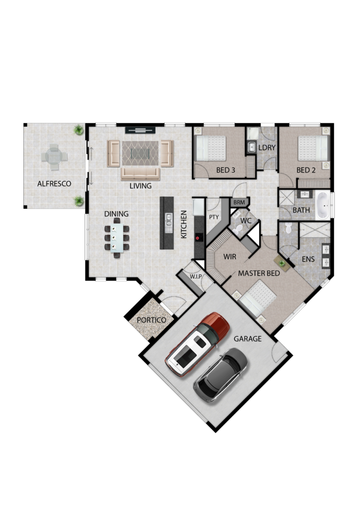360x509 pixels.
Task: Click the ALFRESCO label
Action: pos(54,184)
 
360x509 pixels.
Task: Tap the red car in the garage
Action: pos(197,344)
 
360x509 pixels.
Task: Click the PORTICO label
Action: pos(151,320)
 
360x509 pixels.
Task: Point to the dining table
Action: pos(117,238)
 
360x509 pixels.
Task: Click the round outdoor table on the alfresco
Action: pos(54,157)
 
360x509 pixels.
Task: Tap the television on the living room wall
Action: pos(141,130)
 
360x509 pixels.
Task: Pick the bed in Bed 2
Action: pos(314,148)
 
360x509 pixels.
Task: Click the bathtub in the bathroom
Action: pos(323,205)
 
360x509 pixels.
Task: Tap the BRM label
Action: pos(239,203)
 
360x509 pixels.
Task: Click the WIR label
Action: pos(230,257)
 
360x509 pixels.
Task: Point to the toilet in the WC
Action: pos(238,229)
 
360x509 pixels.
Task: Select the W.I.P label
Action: pos(196,276)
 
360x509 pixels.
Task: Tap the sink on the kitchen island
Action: pos(169,220)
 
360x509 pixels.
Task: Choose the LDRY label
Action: pos(267,148)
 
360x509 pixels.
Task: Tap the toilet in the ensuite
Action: pos(288,228)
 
